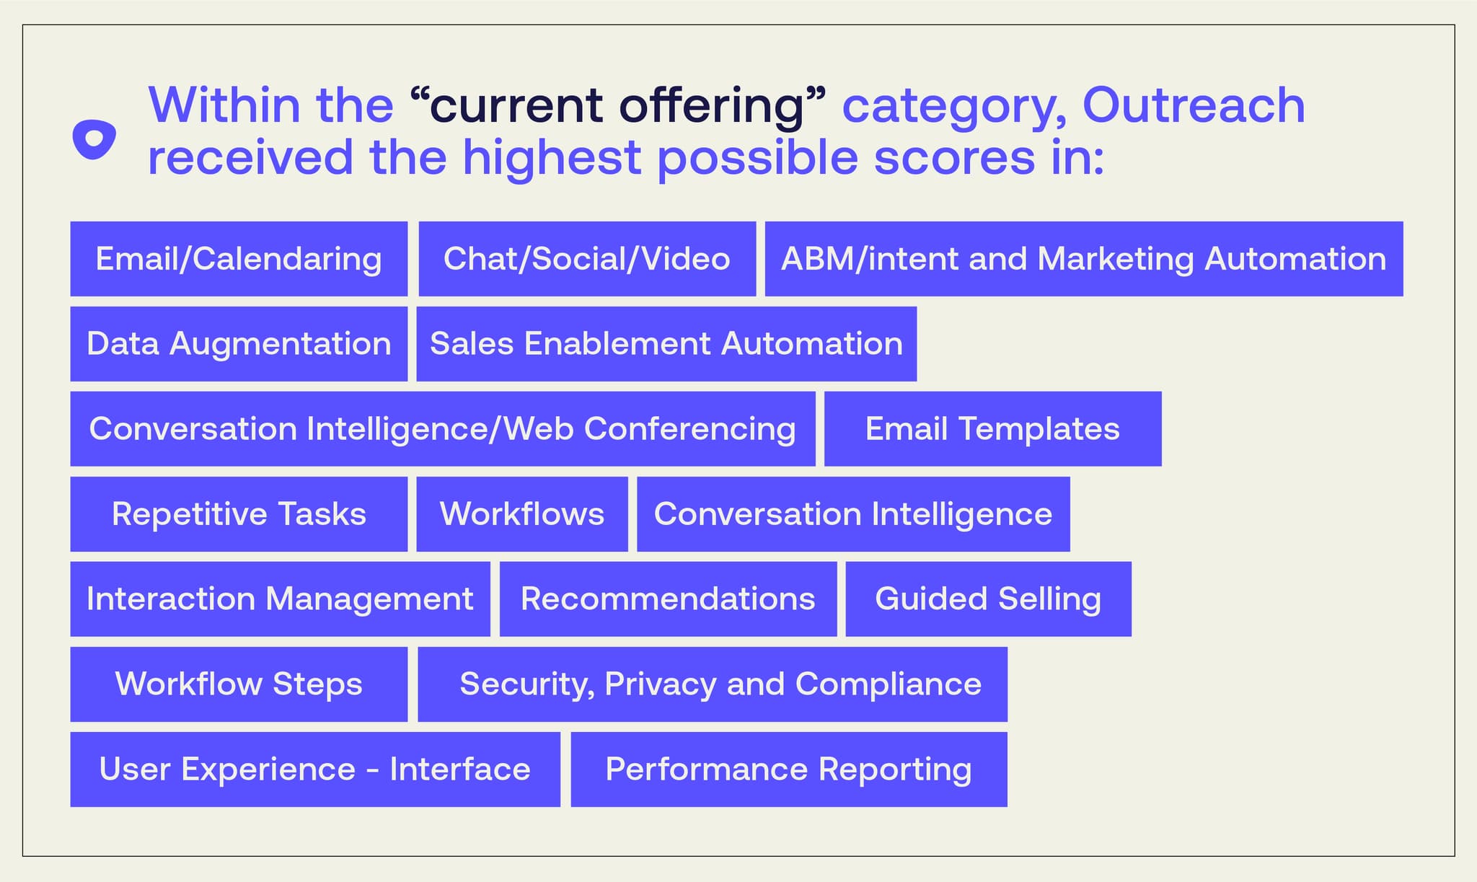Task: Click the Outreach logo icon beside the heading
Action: pos(94,138)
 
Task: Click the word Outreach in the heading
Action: pos(1194,106)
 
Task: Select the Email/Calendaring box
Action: pos(239,259)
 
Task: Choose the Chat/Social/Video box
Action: pos(587,259)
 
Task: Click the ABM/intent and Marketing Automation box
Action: pos(1083,259)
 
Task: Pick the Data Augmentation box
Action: pos(239,344)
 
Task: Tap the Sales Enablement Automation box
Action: pos(666,344)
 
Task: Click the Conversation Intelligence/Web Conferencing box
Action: pos(442,429)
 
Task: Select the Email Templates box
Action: pos(992,429)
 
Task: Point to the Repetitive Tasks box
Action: pos(239,514)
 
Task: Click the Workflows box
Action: pos(522,514)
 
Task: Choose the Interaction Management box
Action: pos(280,599)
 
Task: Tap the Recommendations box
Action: pos(668,599)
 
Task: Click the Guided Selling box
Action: pos(988,599)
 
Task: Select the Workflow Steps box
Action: pos(239,684)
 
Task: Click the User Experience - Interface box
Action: pos(315,769)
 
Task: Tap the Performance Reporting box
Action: pos(789,769)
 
